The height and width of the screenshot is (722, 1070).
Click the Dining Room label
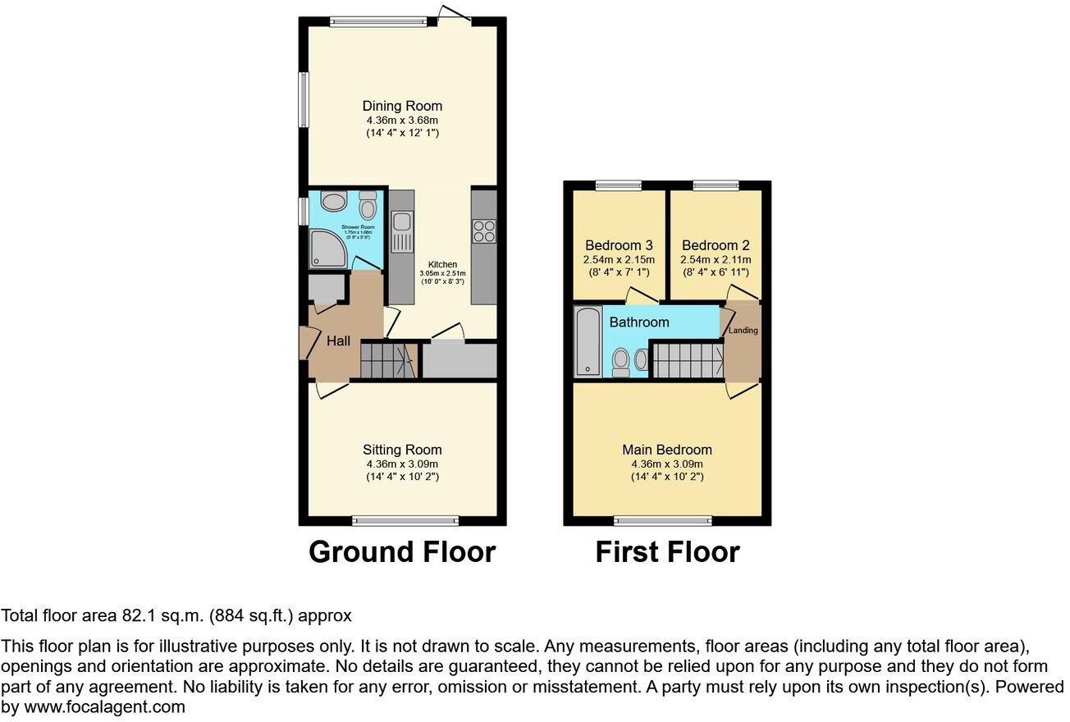(x=402, y=106)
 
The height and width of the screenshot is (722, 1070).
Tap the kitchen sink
(x=402, y=231)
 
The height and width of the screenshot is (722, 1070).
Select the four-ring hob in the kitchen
(x=483, y=231)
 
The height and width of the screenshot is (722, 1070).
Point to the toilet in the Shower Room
(x=367, y=205)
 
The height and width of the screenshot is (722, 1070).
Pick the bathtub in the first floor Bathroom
(x=588, y=340)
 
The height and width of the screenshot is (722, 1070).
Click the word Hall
(x=339, y=340)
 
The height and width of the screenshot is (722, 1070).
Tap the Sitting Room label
(x=402, y=450)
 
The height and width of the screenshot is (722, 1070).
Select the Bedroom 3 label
(x=619, y=245)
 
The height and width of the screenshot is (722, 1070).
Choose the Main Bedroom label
(x=667, y=450)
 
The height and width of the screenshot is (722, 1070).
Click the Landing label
(x=744, y=331)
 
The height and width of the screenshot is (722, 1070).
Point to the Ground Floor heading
(x=402, y=552)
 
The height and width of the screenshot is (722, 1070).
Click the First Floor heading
(x=667, y=552)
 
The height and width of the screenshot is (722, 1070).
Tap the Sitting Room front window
(x=405, y=519)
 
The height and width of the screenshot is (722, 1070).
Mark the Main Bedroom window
(x=664, y=519)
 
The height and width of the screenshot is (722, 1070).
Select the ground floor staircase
(x=386, y=360)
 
